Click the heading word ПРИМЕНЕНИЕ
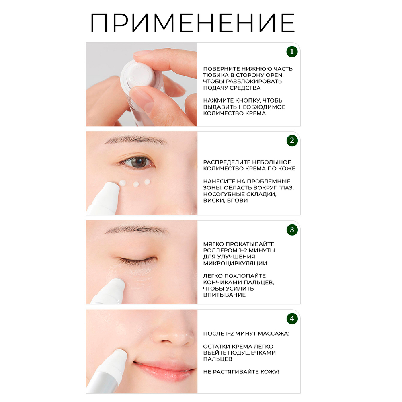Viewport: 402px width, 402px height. tap(193, 23)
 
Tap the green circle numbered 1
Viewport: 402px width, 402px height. tap(292, 52)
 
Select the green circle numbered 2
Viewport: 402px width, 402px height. tap(292, 140)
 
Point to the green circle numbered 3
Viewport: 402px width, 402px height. tap(292, 230)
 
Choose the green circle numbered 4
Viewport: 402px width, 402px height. tap(292, 319)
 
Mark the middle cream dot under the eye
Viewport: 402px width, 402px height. tap(136, 184)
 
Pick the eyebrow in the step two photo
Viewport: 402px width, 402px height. tap(136, 140)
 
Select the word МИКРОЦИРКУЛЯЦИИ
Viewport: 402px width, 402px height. tap(235, 263)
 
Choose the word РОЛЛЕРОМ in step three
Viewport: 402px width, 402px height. tap(221, 250)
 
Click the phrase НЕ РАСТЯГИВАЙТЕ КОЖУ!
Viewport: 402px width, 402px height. tap(241, 372)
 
